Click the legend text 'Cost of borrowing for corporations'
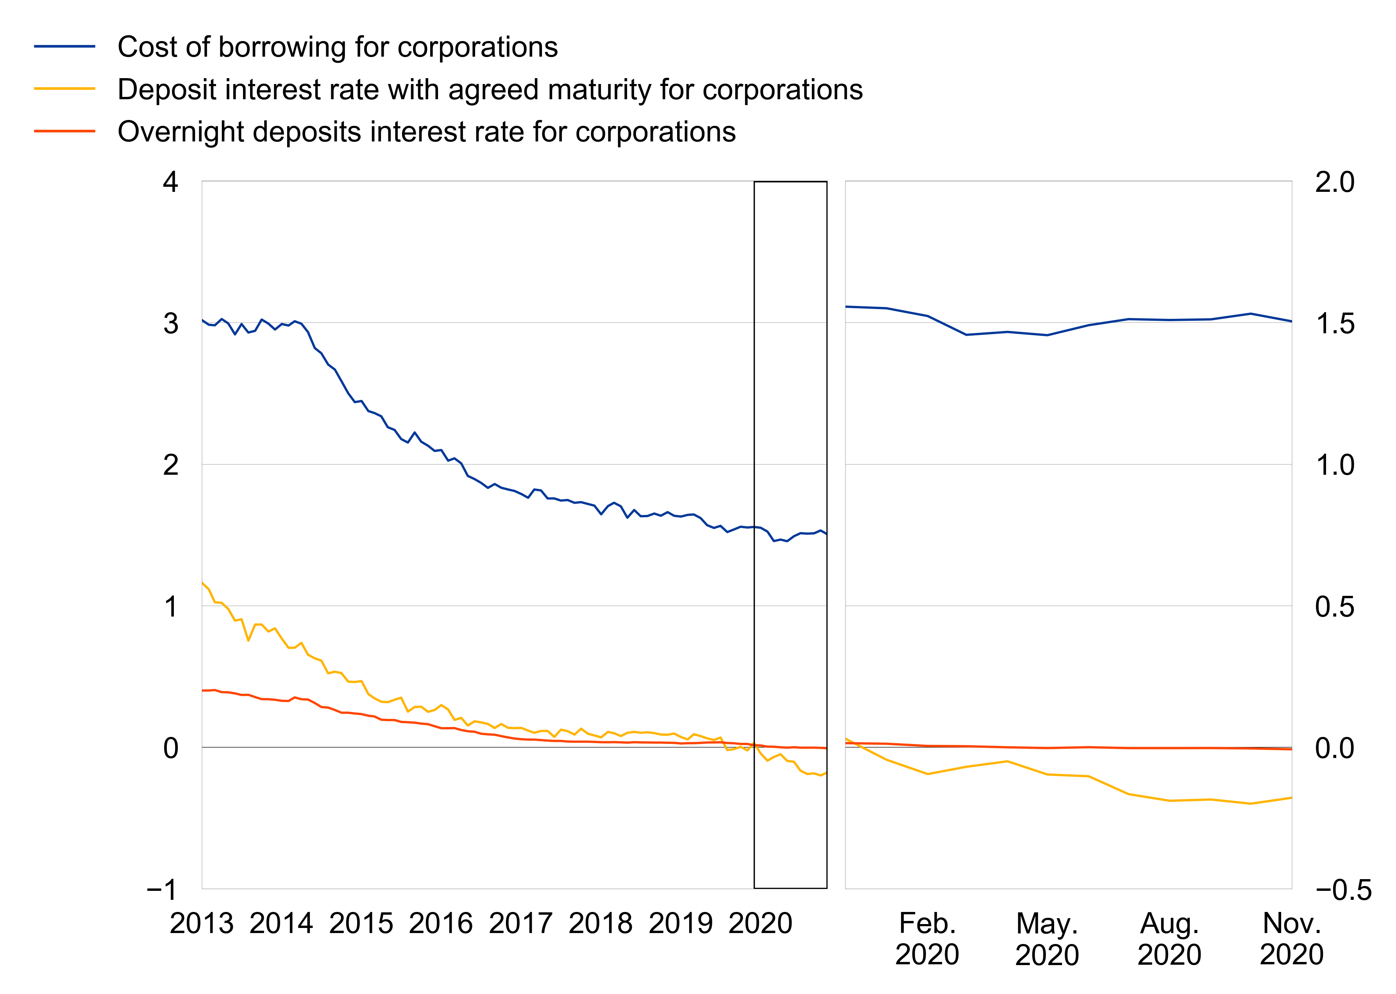click(337, 47)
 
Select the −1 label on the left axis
click(162, 889)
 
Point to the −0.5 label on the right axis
click(1343, 889)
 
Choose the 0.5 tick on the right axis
click(1334, 606)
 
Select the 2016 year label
click(441, 923)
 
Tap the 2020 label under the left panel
click(760, 923)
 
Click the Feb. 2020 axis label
click(927, 938)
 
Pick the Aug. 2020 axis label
click(1169, 938)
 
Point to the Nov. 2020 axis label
click(1291, 938)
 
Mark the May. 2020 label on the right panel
click(1047, 938)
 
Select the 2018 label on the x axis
click(601, 923)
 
